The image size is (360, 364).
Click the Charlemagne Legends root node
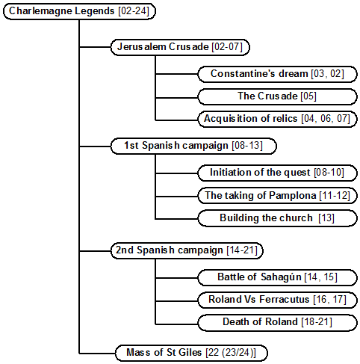click(x=79, y=11)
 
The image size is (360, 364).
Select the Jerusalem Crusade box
click(x=180, y=47)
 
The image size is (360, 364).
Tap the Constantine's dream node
click(x=277, y=74)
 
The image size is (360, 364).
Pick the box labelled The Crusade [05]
click(x=277, y=96)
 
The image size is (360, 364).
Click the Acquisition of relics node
click(x=277, y=119)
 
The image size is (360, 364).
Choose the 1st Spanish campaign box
click(x=193, y=146)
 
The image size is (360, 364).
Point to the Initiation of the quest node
click(x=277, y=173)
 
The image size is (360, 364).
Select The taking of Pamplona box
click(x=277, y=196)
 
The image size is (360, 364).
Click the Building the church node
click(x=277, y=218)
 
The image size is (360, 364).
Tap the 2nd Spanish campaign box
click(x=187, y=250)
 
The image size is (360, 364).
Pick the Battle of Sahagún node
click(x=277, y=277)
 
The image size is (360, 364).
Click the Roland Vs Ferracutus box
click(x=277, y=300)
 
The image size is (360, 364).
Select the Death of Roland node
click(x=277, y=322)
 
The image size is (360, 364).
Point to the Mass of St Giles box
click(x=191, y=353)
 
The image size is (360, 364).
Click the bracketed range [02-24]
click(x=134, y=11)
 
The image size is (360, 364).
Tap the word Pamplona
click(x=293, y=196)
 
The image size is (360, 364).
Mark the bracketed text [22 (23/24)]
click(x=231, y=353)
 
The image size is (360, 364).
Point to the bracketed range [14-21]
click(x=242, y=250)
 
